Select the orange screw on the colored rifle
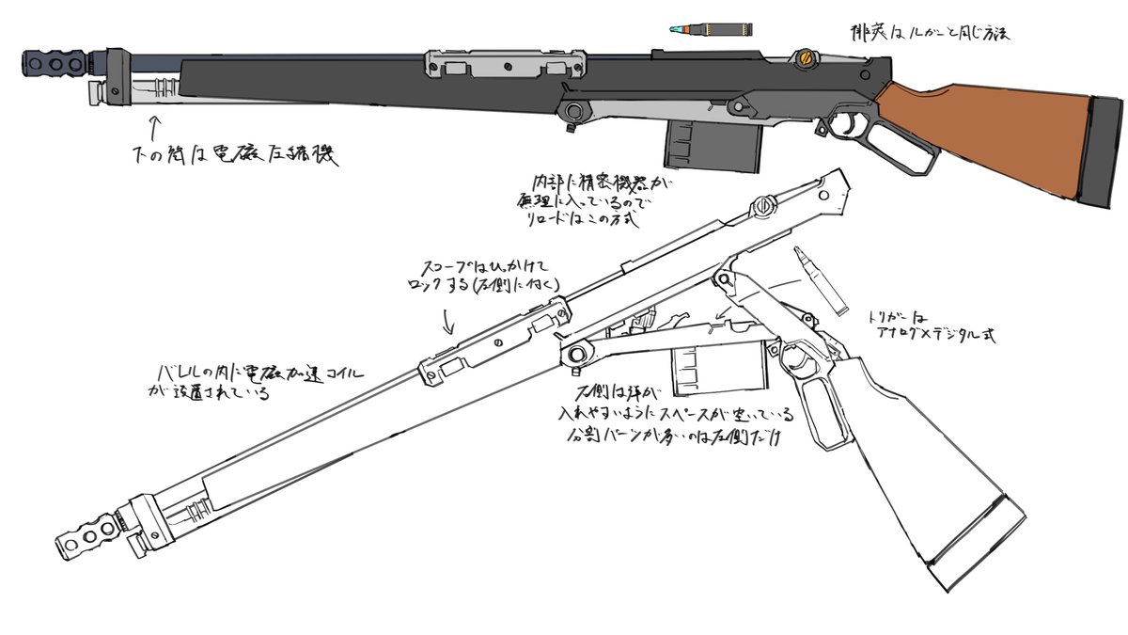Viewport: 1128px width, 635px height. click(x=804, y=59)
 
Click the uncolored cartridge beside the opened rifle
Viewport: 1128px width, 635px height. click(x=815, y=278)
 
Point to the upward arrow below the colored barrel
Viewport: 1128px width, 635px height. click(x=156, y=126)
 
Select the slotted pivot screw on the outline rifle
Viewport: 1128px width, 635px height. click(x=765, y=205)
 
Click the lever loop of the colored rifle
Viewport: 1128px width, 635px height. click(x=912, y=150)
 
